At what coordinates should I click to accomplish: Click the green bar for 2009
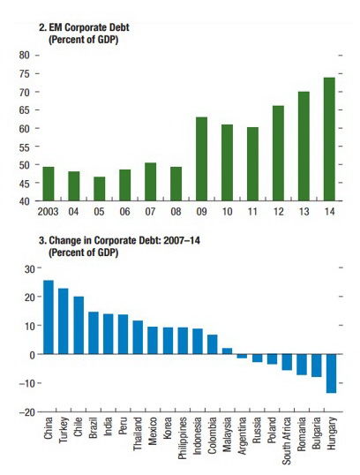click(x=202, y=159)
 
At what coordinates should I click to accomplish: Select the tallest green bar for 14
click(x=329, y=139)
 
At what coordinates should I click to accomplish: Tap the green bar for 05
click(x=100, y=189)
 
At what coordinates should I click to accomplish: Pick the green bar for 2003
click(x=49, y=184)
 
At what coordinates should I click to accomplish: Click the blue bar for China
click(x=49, y=317)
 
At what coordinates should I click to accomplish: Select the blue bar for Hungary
click(x=331, y=373)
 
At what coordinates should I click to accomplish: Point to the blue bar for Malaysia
click(x=227, y=351)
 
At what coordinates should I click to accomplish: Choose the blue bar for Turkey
click(x=64, y=321)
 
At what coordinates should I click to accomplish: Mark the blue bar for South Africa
click(x=287, y=362)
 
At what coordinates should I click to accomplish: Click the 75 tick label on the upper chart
click(x=24, y=74)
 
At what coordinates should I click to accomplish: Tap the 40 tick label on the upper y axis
click(x=24, y=201)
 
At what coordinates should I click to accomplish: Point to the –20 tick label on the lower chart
click(x=27, y=412)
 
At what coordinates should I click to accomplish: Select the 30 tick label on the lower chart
click(x=30, y=268)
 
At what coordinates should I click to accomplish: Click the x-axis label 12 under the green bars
click(x=278, y=211)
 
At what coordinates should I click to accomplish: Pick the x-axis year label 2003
click(x=48, y=211)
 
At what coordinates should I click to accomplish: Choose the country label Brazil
click(x=93, y=427)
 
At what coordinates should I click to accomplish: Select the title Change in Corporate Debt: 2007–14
click(x=124, y=240)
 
